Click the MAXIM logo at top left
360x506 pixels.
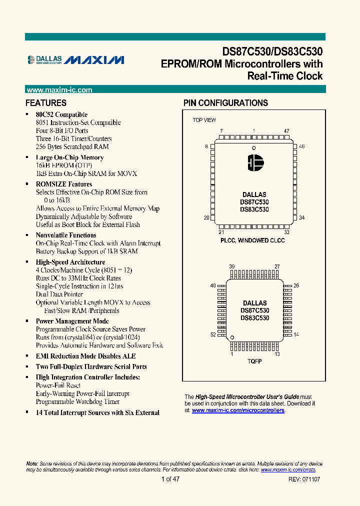pyautogui.click(x=95, y=60)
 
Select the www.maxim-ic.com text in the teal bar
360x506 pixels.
pyautogui.click(x=59, y=90)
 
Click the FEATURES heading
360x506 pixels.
pyautogui.click(x=46, y=103)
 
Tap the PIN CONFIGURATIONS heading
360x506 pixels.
pyautogui.click(x=225, y=103)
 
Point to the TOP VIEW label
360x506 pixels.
pyautogui.click(x=204, y=120)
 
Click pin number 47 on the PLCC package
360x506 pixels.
pyautogui.click(x=286, y=131)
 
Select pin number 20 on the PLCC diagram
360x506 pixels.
pyautogui.click(x=206, y=218)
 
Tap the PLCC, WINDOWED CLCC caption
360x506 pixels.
pyautogui.click(x=252, y=240)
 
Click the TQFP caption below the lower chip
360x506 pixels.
pyautogui.click(x=254, y=361)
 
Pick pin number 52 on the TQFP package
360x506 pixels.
pyautogui.click(x=213, y=334)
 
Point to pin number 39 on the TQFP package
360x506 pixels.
pyautogui.click(x=231, y=266)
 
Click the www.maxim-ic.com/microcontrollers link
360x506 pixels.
pyautogui.click(x=238, y=410)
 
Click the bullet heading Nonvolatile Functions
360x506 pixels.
pyautogui.click(x=66, y=235)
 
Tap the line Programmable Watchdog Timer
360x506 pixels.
pyautogui.click(x=77, y=401)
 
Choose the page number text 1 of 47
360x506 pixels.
pyautogui.click(x=170, y=479)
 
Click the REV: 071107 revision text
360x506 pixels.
pyautogui.click(x=304, y=479)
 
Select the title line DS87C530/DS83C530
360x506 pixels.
pyautogui.click(x=272, y=51)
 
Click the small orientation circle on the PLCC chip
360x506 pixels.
pyautogui.click(x=253, y=148)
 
